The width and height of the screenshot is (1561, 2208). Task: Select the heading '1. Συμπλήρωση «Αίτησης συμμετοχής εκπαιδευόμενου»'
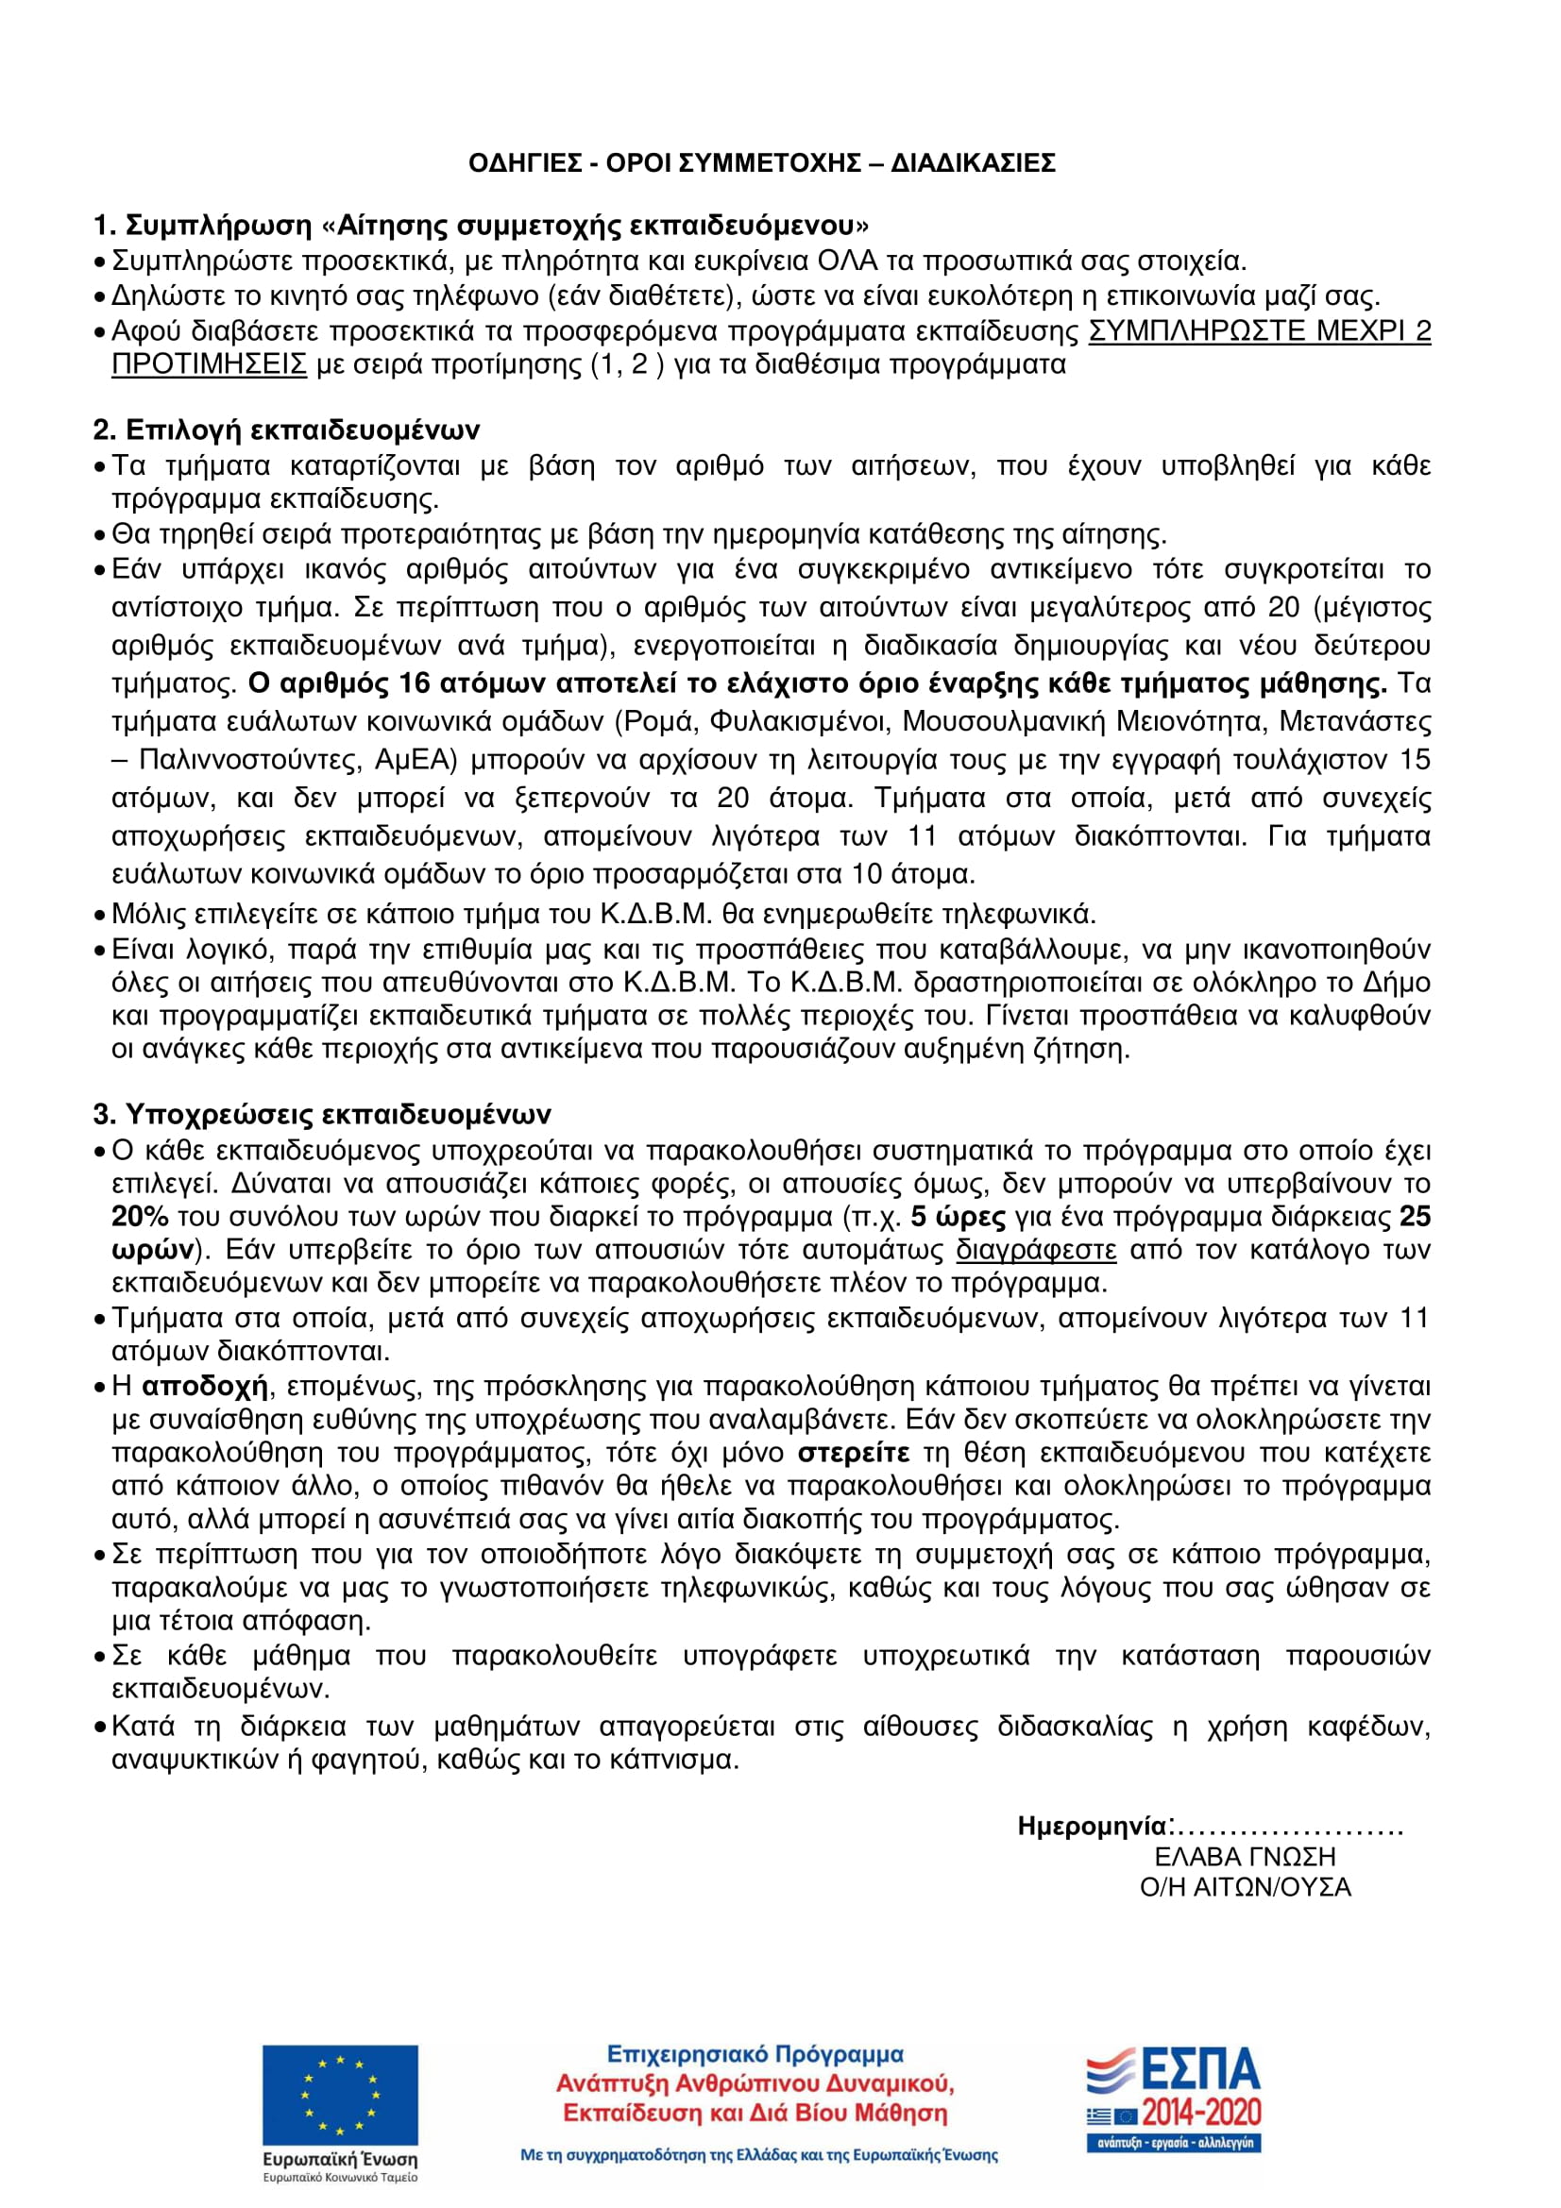(x=481, y=225)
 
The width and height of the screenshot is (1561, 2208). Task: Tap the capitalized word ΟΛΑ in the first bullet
(x=846, y=261)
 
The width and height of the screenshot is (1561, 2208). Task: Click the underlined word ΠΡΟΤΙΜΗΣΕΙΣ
(x=209, y=364)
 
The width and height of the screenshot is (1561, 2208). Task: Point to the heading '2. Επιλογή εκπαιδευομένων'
(x=287, y=429)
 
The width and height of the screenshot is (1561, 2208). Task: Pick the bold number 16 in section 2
(x=414, y=683)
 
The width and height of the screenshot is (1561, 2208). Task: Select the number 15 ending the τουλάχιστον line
(x=1415, y=760)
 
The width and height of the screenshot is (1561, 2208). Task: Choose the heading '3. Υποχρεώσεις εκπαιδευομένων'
(x=322, y=1114)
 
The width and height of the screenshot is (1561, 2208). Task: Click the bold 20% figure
(x=141, y=1217)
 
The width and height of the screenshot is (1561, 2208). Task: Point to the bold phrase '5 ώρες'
(x=957, y=1217)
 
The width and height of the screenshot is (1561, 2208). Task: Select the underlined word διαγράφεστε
(x=1036, y=1249)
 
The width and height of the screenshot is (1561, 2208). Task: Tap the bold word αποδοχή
(x=204, y=1386)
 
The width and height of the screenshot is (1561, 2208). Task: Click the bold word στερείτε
(x=853, y=1452)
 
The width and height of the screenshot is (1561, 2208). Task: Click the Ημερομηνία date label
(x=1094, y=1827)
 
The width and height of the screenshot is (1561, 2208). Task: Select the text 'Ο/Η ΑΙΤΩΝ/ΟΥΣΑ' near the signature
(x=1246, y=1887)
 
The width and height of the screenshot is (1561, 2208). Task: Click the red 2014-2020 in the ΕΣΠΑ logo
(x=1201, y=2112)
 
